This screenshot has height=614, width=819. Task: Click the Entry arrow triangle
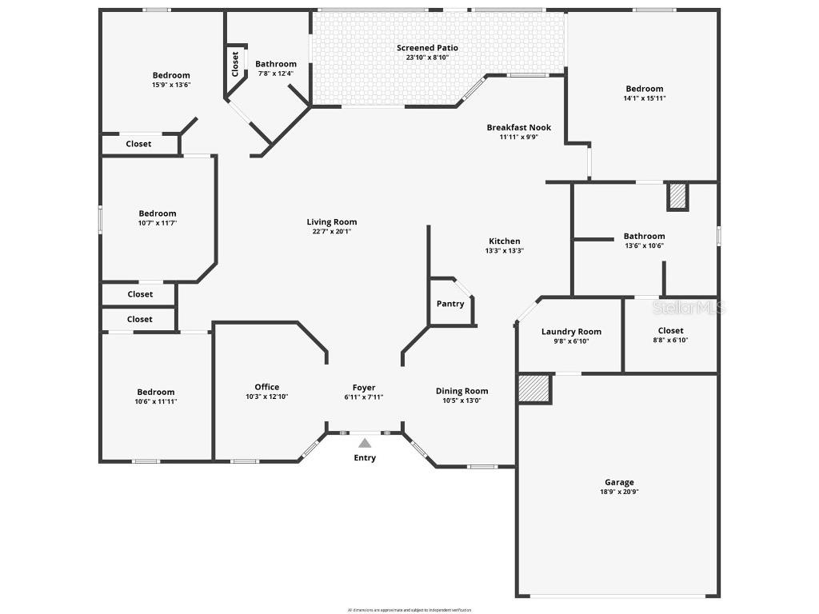365,443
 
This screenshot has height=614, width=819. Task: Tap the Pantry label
450,304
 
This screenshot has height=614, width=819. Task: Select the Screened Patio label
427,48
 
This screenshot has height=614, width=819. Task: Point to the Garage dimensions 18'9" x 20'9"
619,492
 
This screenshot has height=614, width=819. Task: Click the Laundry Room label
571,332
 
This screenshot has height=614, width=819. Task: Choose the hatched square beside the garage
534,389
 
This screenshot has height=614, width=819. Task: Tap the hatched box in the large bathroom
677,197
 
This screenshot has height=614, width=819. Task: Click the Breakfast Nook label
518,127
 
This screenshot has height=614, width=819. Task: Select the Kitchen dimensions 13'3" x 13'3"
504,250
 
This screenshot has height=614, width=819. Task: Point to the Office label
267,387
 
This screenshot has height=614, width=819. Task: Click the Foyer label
364,388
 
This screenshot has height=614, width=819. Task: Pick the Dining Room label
461,391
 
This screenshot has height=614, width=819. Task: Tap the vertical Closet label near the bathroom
235,64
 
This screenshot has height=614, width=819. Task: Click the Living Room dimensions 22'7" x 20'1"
331,232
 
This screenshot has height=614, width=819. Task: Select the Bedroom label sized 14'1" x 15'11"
644,89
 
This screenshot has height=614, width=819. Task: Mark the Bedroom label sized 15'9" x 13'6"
171,75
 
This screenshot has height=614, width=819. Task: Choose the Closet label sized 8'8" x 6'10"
670,330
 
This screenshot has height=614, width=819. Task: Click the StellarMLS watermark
689,307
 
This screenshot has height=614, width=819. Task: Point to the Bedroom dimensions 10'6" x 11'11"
155,401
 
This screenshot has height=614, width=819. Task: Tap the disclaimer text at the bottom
409,610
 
